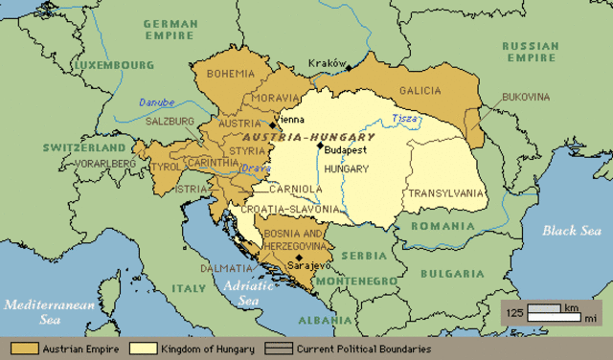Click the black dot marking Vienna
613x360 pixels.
(274, 124)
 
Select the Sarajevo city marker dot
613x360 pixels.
(300, 258)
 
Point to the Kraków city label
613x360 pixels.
(326, 63)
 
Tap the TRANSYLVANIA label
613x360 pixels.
(446, 192)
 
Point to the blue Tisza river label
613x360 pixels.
(406, 120)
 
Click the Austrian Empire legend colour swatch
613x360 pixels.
(24, 349)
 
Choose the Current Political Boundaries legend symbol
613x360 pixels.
(280, 349)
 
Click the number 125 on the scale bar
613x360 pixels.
(514, 313)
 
